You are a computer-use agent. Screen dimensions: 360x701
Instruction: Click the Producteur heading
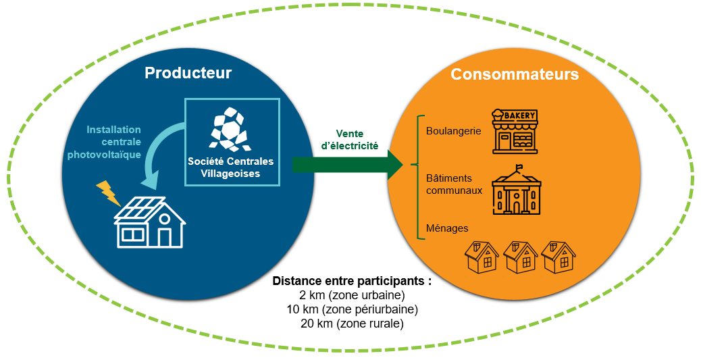point(188,73)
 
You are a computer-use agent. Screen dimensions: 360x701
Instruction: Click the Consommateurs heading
point(515,74)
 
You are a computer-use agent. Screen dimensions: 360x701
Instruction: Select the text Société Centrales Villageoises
point(232,168)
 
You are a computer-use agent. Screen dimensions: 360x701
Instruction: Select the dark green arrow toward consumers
point(346,164)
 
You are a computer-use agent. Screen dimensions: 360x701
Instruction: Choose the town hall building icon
point(516,190)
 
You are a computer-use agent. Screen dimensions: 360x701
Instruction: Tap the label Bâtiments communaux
point(455,184)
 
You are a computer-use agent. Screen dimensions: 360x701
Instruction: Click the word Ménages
point(447,228)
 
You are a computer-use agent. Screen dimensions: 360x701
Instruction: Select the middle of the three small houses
point(519,257)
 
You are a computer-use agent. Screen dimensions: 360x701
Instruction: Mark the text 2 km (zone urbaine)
point(351,295)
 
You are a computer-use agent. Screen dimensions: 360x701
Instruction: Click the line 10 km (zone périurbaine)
point(352,309)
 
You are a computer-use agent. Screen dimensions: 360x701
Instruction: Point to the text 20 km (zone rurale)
point(351,324)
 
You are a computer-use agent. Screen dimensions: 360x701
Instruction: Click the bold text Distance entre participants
point(351,280)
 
